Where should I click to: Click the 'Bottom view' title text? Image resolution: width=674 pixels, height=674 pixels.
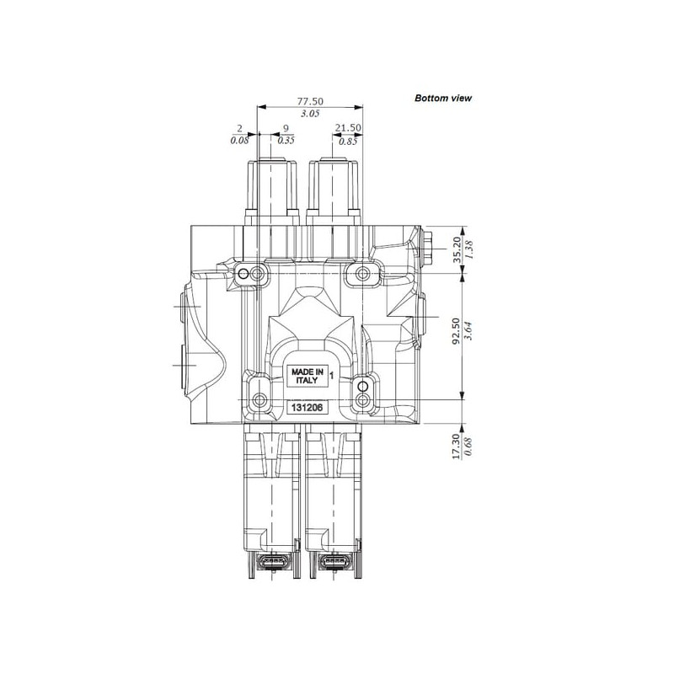click(x=443, y=98)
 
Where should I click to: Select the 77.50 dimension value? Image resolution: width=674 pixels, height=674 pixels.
click(x=310, y=101)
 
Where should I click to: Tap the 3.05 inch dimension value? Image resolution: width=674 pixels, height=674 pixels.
click(x=310, y=114)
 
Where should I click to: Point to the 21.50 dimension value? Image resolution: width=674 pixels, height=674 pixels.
click(x=348, y=128)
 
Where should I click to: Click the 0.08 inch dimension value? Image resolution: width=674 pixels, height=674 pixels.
click(x=239, y=140)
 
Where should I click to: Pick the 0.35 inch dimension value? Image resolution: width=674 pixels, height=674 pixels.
click(x=286, y=140)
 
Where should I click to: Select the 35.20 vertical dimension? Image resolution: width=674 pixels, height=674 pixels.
click(x=457, y=249)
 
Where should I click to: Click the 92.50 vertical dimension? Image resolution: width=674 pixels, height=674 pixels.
click(x=457, y=331)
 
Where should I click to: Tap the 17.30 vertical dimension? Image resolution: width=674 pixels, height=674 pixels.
click(x=457, y=447)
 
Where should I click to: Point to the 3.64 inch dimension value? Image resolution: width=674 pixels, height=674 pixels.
click(x=469, y=331)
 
